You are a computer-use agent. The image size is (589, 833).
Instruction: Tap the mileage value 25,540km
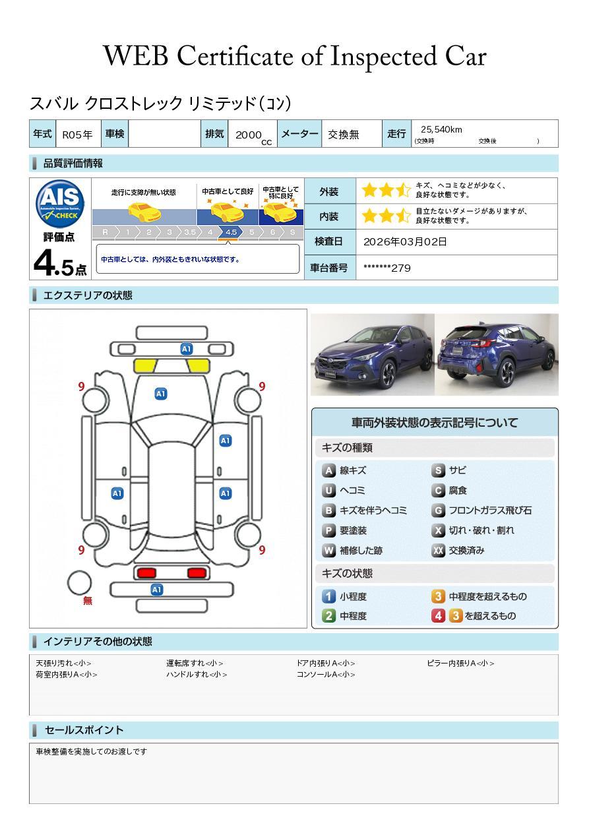pyautogui.click(x=441, y=129)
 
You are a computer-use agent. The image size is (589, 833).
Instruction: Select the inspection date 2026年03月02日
pyautogui.click(x=405, y=241)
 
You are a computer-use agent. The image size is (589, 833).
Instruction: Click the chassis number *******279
pyautogui.click(x=387, y=268)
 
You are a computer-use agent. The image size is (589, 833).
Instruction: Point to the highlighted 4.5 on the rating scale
pyautogui.click(x=231, y=232)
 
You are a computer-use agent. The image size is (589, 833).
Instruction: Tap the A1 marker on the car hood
pyautogui.click(x=160, y=394)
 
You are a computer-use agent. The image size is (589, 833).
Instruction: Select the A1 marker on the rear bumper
pyautogui.click(x=157, y=590)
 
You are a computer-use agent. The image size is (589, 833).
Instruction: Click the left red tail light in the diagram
pyautogui.click(x=146, y=572)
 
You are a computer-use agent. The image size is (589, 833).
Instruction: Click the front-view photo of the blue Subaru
pyautogui.click(x=372, y=355)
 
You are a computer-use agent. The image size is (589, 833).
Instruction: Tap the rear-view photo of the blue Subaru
pyautogui.click(x=497, y=355)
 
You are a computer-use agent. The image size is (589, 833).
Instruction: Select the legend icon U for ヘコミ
pyautogui.click(x=328, y=491)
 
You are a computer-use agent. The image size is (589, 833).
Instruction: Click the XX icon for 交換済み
pyautogui.click(x=439, y=550)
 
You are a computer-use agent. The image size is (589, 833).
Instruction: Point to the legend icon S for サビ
pyautogui.click(x=438, y=471)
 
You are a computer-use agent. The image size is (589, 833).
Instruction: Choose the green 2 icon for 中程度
pyautogui.click(x=328, y=616)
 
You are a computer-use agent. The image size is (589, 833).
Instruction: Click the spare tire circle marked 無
pyautogui.click(x=79, y=582)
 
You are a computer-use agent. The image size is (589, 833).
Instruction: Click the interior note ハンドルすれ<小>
pyautogui.click(x=197, y=675)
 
